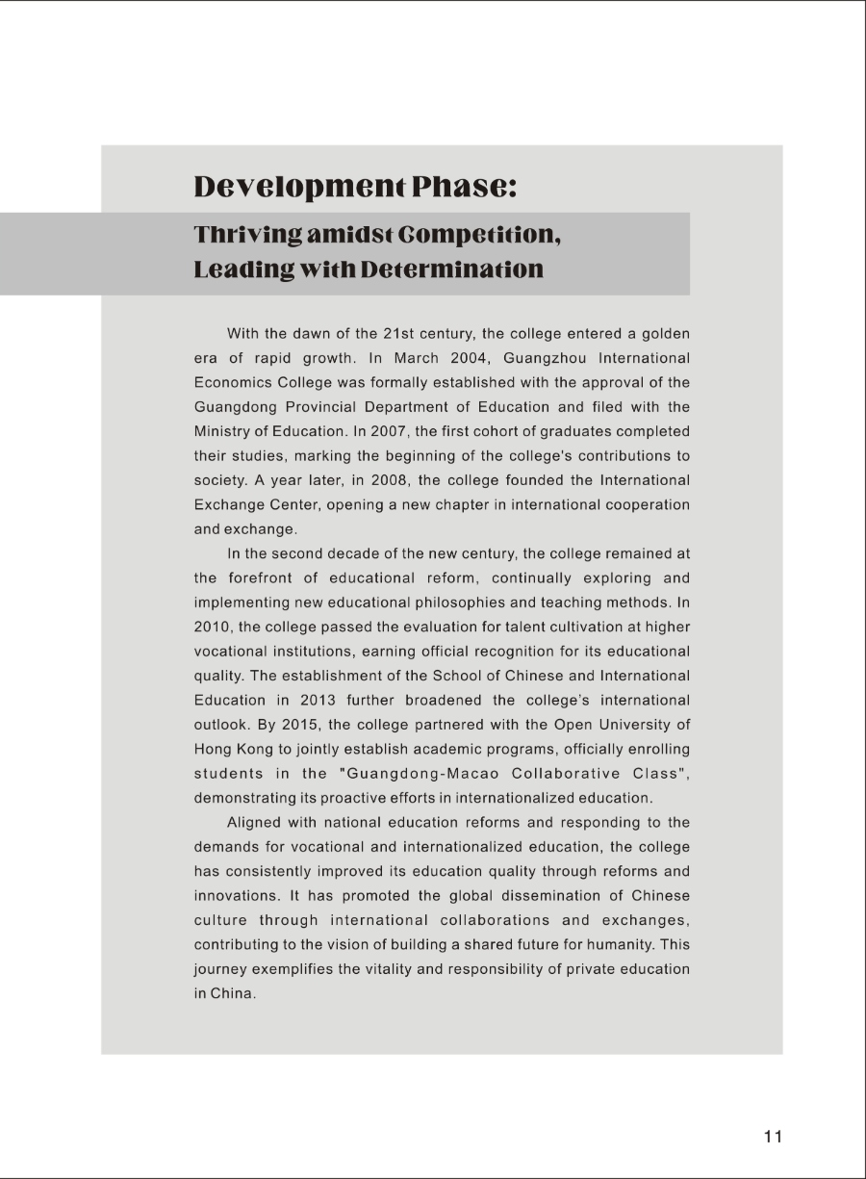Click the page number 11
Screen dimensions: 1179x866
point(773,1137)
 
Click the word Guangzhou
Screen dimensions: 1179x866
point(536,358)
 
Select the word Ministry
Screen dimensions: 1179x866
point(223,431)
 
